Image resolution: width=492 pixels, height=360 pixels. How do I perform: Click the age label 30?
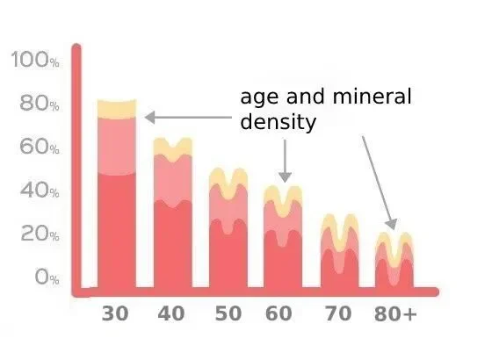(x=116, y=313)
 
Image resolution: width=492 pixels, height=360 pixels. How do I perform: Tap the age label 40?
(x=172, y=313)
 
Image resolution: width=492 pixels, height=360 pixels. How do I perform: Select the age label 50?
(x=228, y=313)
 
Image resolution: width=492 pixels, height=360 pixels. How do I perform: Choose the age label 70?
(x=337, y=313)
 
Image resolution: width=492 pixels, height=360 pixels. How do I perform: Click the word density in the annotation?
(x=278, y=122)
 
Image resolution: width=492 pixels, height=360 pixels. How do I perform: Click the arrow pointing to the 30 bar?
(x=184, y=117)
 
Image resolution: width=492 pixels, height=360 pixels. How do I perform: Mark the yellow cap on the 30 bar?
(x=117, y=109)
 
